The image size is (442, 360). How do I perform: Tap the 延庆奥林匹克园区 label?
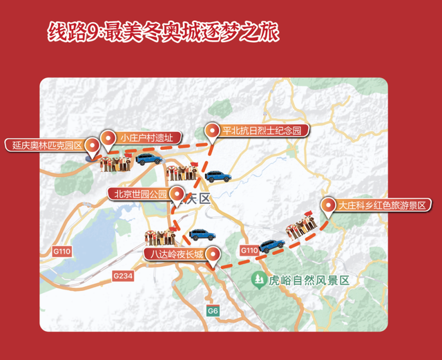pyautogui.click(x=48, y=145)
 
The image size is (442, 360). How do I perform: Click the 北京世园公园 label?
pyautogui.click(x=137, y=194)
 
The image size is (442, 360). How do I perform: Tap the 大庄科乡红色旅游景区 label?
pyautogui.click(x=384, y=205)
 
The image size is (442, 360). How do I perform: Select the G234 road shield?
pyautogui.click(x=122, y=275)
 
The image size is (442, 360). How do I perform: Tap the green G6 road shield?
pyautogui.click(x=213, y=312)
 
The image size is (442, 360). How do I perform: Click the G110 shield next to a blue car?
pyautogui.click(x=249, y=249)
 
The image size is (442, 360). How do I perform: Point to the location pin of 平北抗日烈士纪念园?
pyautogui.click(x=212, y=131)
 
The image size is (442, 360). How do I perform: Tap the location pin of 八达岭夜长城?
pyautogui.click(x=214, y=255)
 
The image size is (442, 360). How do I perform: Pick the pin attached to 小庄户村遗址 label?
pyautogui.click(x=108, y=138)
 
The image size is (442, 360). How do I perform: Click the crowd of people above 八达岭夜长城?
pyautogui.click(x=164, y=237)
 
